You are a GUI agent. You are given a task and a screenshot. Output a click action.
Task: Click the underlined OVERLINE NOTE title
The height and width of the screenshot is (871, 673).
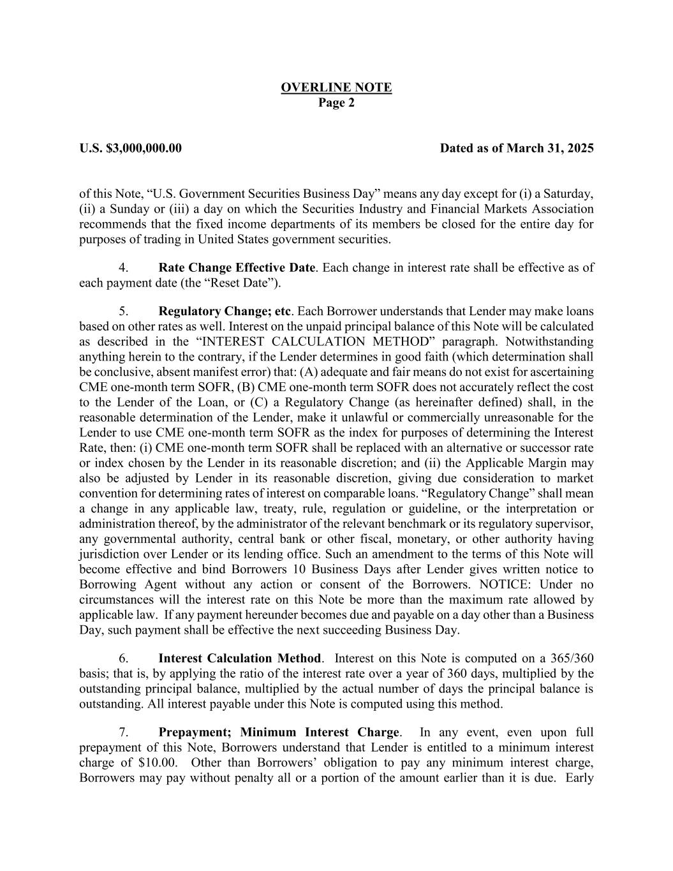336,87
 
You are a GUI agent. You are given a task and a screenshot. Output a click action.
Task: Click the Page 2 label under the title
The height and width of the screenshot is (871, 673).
336,103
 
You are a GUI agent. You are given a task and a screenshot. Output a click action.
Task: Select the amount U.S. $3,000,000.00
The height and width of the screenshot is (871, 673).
131,149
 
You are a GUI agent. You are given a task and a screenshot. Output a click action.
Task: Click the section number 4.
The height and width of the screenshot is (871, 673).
124,267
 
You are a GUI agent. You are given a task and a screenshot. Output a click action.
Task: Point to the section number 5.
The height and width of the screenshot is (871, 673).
124,311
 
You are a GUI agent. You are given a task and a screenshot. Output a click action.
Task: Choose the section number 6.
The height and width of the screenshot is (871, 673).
124,659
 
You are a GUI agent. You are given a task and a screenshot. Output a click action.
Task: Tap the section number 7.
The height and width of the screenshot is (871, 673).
124,732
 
